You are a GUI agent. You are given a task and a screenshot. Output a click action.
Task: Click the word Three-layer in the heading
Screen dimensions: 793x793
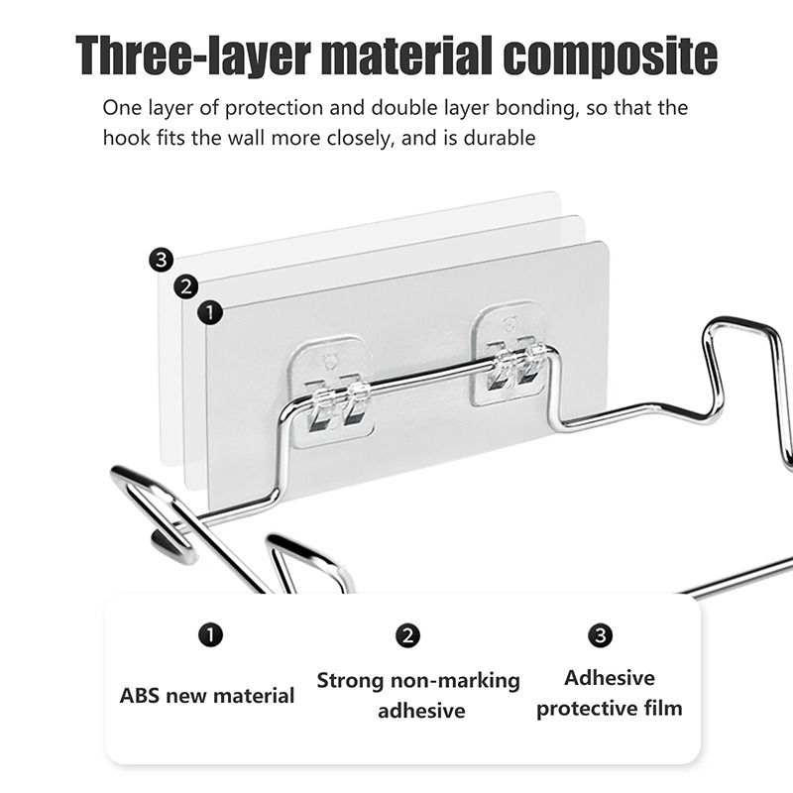point(192,56)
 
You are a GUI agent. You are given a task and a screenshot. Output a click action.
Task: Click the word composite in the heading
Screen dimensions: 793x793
point(610,56)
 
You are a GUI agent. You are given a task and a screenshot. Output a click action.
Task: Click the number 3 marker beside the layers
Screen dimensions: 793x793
point(161,260)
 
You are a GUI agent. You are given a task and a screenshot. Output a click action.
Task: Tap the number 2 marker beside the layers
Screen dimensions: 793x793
point(185,286)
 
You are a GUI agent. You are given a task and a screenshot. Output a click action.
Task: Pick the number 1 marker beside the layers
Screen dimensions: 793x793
point(209,312)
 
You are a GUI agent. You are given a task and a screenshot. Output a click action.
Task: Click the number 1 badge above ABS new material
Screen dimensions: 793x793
point(210,634)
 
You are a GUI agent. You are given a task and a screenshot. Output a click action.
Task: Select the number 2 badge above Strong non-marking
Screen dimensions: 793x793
point(407,635)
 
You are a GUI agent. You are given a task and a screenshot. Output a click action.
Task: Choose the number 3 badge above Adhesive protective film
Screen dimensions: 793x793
point(601,635)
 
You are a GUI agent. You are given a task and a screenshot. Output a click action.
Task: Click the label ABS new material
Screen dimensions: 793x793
point(207,696)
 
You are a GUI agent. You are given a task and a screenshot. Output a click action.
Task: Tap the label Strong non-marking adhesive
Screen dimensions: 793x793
point(418,696)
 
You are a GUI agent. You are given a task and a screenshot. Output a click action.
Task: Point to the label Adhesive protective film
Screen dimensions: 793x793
point(610,693)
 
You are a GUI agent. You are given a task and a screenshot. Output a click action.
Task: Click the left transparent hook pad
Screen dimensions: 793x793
point(331,392)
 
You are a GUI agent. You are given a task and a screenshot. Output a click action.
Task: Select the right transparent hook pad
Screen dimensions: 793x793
point(510,354)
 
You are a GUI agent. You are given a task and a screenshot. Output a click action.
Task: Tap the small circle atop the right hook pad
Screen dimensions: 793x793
point(510,325)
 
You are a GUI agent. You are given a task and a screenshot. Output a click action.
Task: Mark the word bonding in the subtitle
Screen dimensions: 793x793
point(537,108)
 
